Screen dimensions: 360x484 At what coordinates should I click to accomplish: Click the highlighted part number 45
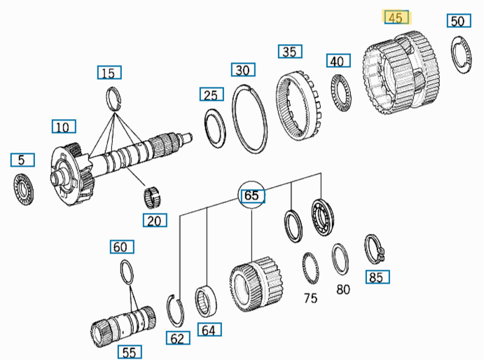[x=396, y=18]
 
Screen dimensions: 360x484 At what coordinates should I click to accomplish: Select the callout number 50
[x=457, y=21]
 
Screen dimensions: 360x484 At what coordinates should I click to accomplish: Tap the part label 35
[x=289, y=51]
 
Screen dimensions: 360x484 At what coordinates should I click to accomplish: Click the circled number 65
[x=251, y=196]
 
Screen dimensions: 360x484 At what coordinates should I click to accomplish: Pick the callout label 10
[x=63, y=127]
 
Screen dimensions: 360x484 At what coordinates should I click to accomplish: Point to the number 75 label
[x=310, y=298]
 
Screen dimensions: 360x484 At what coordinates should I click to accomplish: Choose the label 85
[x=376, y=277]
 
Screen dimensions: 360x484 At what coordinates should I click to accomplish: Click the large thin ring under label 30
[x=249, y=117]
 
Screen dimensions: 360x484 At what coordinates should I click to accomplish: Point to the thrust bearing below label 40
[x=339, y=90]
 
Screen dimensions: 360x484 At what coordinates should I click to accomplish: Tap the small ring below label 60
[x=126, y=272]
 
